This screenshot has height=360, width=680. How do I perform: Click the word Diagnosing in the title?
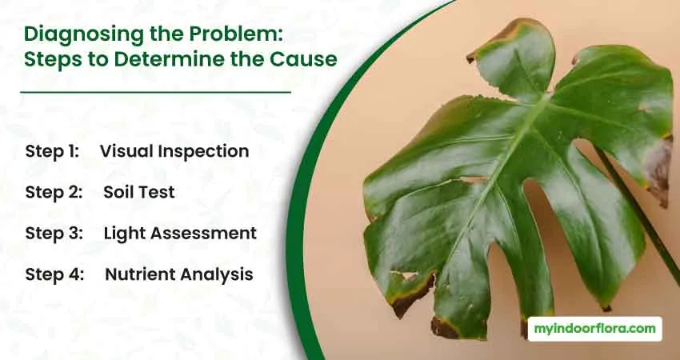(84, 34)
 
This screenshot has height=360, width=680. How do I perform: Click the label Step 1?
(52, 151)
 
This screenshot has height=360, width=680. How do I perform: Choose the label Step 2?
(54, 192)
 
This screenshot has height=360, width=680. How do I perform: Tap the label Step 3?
(54, 234)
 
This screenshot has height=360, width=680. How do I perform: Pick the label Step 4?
(54, 274)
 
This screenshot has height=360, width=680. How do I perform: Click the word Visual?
(126, 151)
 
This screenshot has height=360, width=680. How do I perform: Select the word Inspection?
(203, 152)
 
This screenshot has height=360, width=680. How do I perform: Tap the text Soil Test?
(138, 192)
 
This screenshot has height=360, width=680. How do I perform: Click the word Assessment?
(203, 234)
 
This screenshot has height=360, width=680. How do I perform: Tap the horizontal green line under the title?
(155, 92)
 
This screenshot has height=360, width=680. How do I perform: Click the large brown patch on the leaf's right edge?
(658, 171)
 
